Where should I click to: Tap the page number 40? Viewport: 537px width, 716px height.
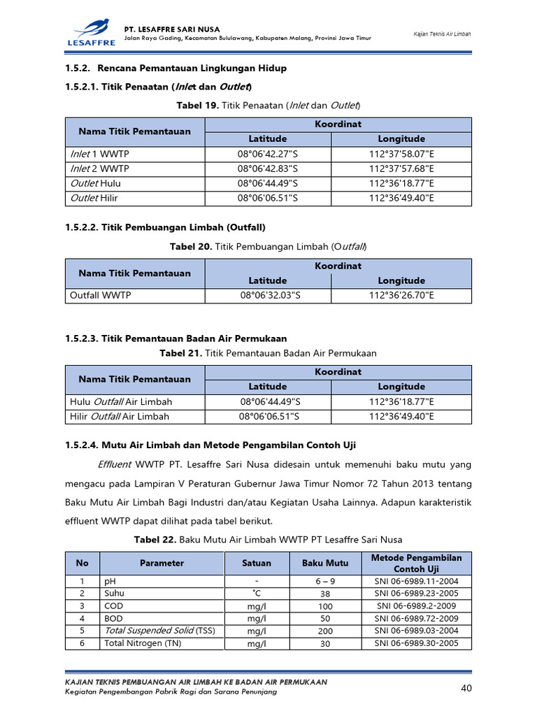(x=467, y=689)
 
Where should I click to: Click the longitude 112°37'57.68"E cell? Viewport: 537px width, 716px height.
(x=401, y=169)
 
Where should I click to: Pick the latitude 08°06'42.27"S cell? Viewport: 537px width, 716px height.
(x=268, y=154)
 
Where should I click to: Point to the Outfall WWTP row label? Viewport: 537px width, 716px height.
(x=101, y=295)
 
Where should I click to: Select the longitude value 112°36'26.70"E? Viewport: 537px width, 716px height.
(x=401, y=295)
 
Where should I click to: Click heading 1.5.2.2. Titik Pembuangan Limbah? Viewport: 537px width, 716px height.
(x=165, y=227)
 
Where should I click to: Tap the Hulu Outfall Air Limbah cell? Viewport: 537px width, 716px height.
(x=121, y=401)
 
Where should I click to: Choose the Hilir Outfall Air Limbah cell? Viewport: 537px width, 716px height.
(x=120, y=416)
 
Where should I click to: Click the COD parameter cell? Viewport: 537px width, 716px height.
(x=114, y=606)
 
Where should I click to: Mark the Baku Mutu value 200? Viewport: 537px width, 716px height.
(x=325, y=631)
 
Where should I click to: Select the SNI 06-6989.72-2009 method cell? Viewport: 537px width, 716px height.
(x=416, y=618)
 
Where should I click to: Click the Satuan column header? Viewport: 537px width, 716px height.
(x=257, y=563)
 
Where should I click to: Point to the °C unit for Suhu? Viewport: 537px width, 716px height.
(x=257, y=593)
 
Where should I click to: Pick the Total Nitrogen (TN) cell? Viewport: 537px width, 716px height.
(x=143, y=643)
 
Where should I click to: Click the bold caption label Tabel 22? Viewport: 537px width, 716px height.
(x=155, y=539)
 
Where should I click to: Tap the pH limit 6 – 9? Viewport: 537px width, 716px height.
(x=325, y=581)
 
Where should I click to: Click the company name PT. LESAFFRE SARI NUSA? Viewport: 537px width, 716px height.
(x=171, y=29)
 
